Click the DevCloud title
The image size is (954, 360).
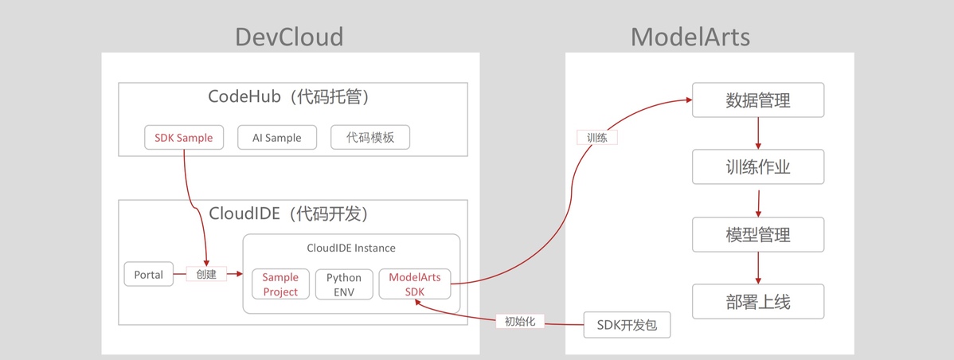[289, 37]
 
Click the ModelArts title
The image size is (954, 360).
[690, 37]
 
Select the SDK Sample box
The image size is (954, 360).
[184, 138]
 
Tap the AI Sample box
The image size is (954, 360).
[277, 138]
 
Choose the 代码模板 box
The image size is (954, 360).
[370, 138]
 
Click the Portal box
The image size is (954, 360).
[149, 275]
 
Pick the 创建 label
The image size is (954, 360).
[206, 275]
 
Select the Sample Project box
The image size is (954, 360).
[280, 284]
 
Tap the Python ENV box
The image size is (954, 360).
[344, 284]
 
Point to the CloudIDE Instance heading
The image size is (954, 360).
[351, 248]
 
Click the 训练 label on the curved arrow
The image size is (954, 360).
[597, 138]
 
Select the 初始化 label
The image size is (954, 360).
[520, 322]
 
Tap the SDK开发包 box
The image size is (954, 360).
[628, 325]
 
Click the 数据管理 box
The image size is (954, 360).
[757, 101]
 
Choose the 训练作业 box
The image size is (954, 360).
[757, 167]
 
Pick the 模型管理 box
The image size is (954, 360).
[757, 234]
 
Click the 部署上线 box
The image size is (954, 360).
[757, 302]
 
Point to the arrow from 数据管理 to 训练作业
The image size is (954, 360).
[758, 134]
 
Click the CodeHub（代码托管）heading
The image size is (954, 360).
[291, 97]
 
